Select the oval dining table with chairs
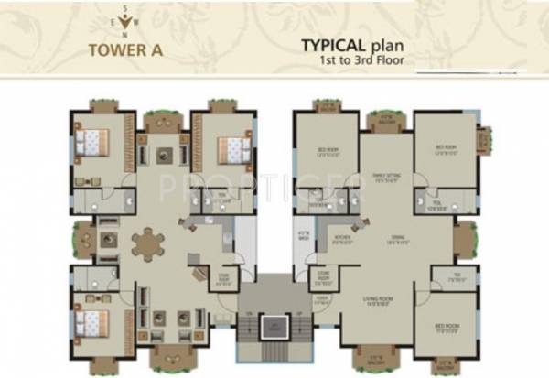tap(148, 245)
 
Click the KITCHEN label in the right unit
tap(318, 237)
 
